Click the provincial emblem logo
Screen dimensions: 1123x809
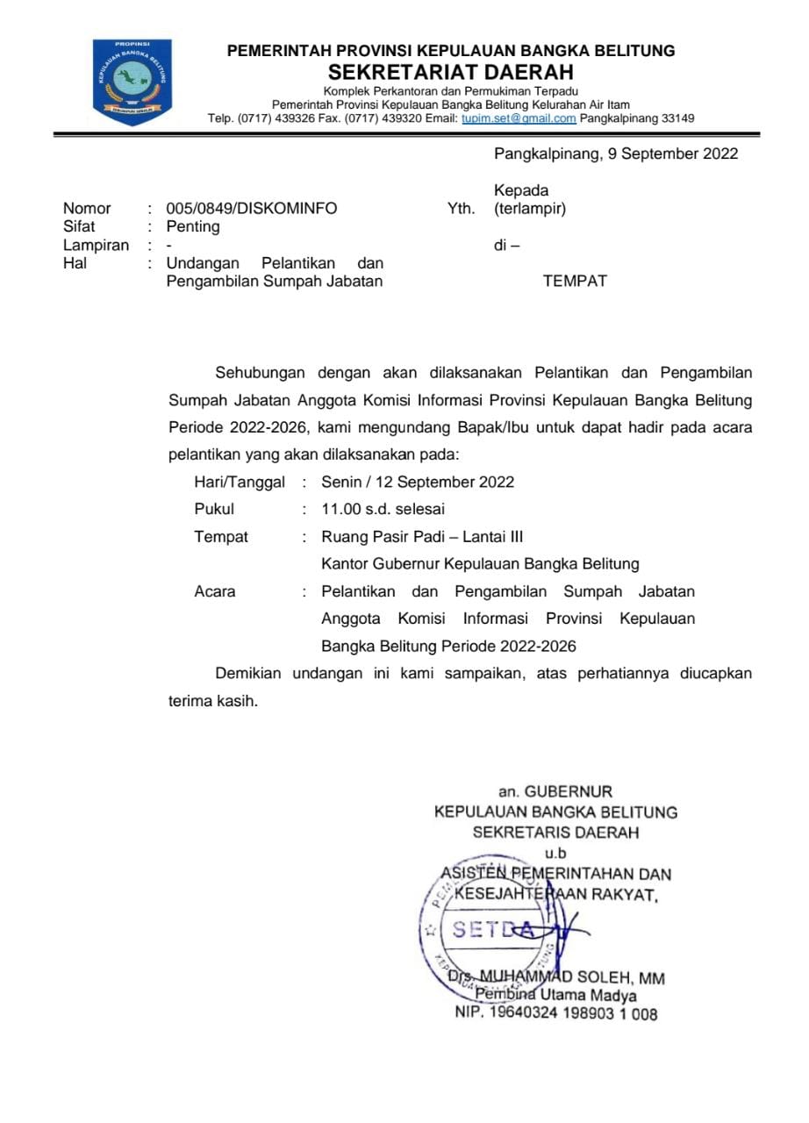click(x=132, y=82)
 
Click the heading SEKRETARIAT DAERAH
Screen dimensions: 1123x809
click(x=451, y=72)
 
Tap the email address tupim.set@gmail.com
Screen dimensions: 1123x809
click(x=519, y=118)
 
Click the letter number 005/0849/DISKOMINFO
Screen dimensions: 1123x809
click(x=251, y=209)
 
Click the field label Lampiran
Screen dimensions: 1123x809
click(x=96, y=246)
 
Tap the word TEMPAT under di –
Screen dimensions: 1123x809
click(x=575, y=282)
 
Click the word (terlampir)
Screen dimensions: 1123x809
click(x=530, y=209)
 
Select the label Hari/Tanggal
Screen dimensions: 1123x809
click(x=240, y=482)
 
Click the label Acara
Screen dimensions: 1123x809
click(x=215, y=591)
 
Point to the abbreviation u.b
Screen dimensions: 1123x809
click(x=555, y=852)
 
